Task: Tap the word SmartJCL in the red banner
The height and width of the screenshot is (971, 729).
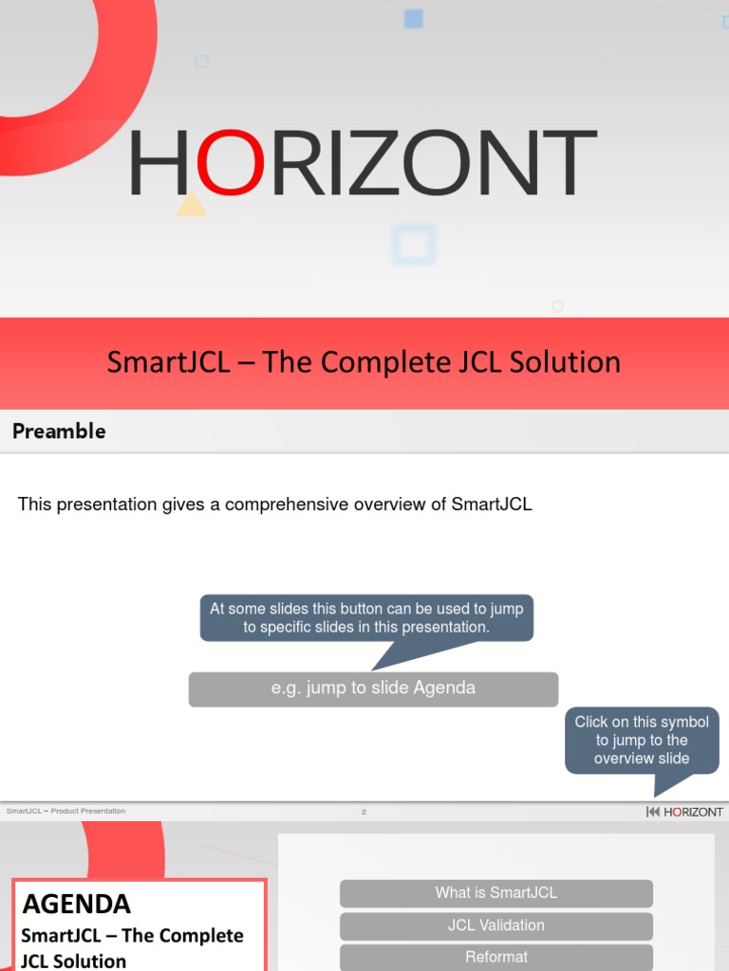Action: coord(168,362)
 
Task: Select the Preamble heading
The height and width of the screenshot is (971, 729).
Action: coord(59,431)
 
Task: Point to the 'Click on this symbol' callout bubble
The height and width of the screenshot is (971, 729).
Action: coord(642,741)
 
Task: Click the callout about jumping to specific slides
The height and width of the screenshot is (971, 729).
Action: coord(366,619)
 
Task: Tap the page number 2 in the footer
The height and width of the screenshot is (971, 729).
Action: coord(364,812)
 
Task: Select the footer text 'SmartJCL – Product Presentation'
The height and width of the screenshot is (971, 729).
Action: coord(65,812)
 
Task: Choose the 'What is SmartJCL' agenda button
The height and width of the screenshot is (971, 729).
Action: coord(496,893)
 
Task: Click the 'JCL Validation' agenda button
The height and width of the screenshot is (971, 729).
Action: coord(496,925)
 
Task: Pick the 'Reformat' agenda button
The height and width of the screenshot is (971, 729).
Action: coord(496,957)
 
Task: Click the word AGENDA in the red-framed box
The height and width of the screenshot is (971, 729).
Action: coord(77,904)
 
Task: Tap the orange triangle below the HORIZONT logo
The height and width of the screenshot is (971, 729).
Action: coord(192,205)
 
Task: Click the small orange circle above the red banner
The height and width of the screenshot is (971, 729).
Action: coord(557,306)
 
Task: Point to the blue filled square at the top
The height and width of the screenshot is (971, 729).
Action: coord(413,18)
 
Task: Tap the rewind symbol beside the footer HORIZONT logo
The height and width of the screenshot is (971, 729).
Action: coord(653,812)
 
